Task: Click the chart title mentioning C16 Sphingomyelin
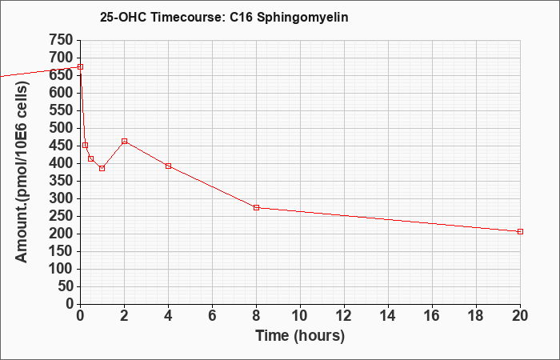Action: pos(224,17)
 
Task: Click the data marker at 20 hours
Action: pos(520,231)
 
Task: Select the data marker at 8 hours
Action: pos(256,207)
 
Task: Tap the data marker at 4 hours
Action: pos(168,166)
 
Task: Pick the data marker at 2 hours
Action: pos(124,141)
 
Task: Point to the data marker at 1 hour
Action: pos(102,168)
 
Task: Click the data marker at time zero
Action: pos(80,66)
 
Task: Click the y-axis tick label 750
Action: pos(61,40)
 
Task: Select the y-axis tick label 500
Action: pos(61,128)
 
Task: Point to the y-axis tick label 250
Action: pos(61,216)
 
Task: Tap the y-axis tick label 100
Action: pos(61,269)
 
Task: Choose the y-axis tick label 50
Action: pos(65,286)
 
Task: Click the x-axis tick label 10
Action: pos(300,316)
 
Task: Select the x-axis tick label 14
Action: pos(388,316)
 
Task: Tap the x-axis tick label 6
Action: pos(212,316)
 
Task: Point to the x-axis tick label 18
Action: pos(476,316)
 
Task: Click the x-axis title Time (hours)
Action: pos(300,336)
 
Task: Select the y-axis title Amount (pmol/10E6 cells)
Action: pos(22,172)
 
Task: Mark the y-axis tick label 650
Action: pos(61,75)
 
